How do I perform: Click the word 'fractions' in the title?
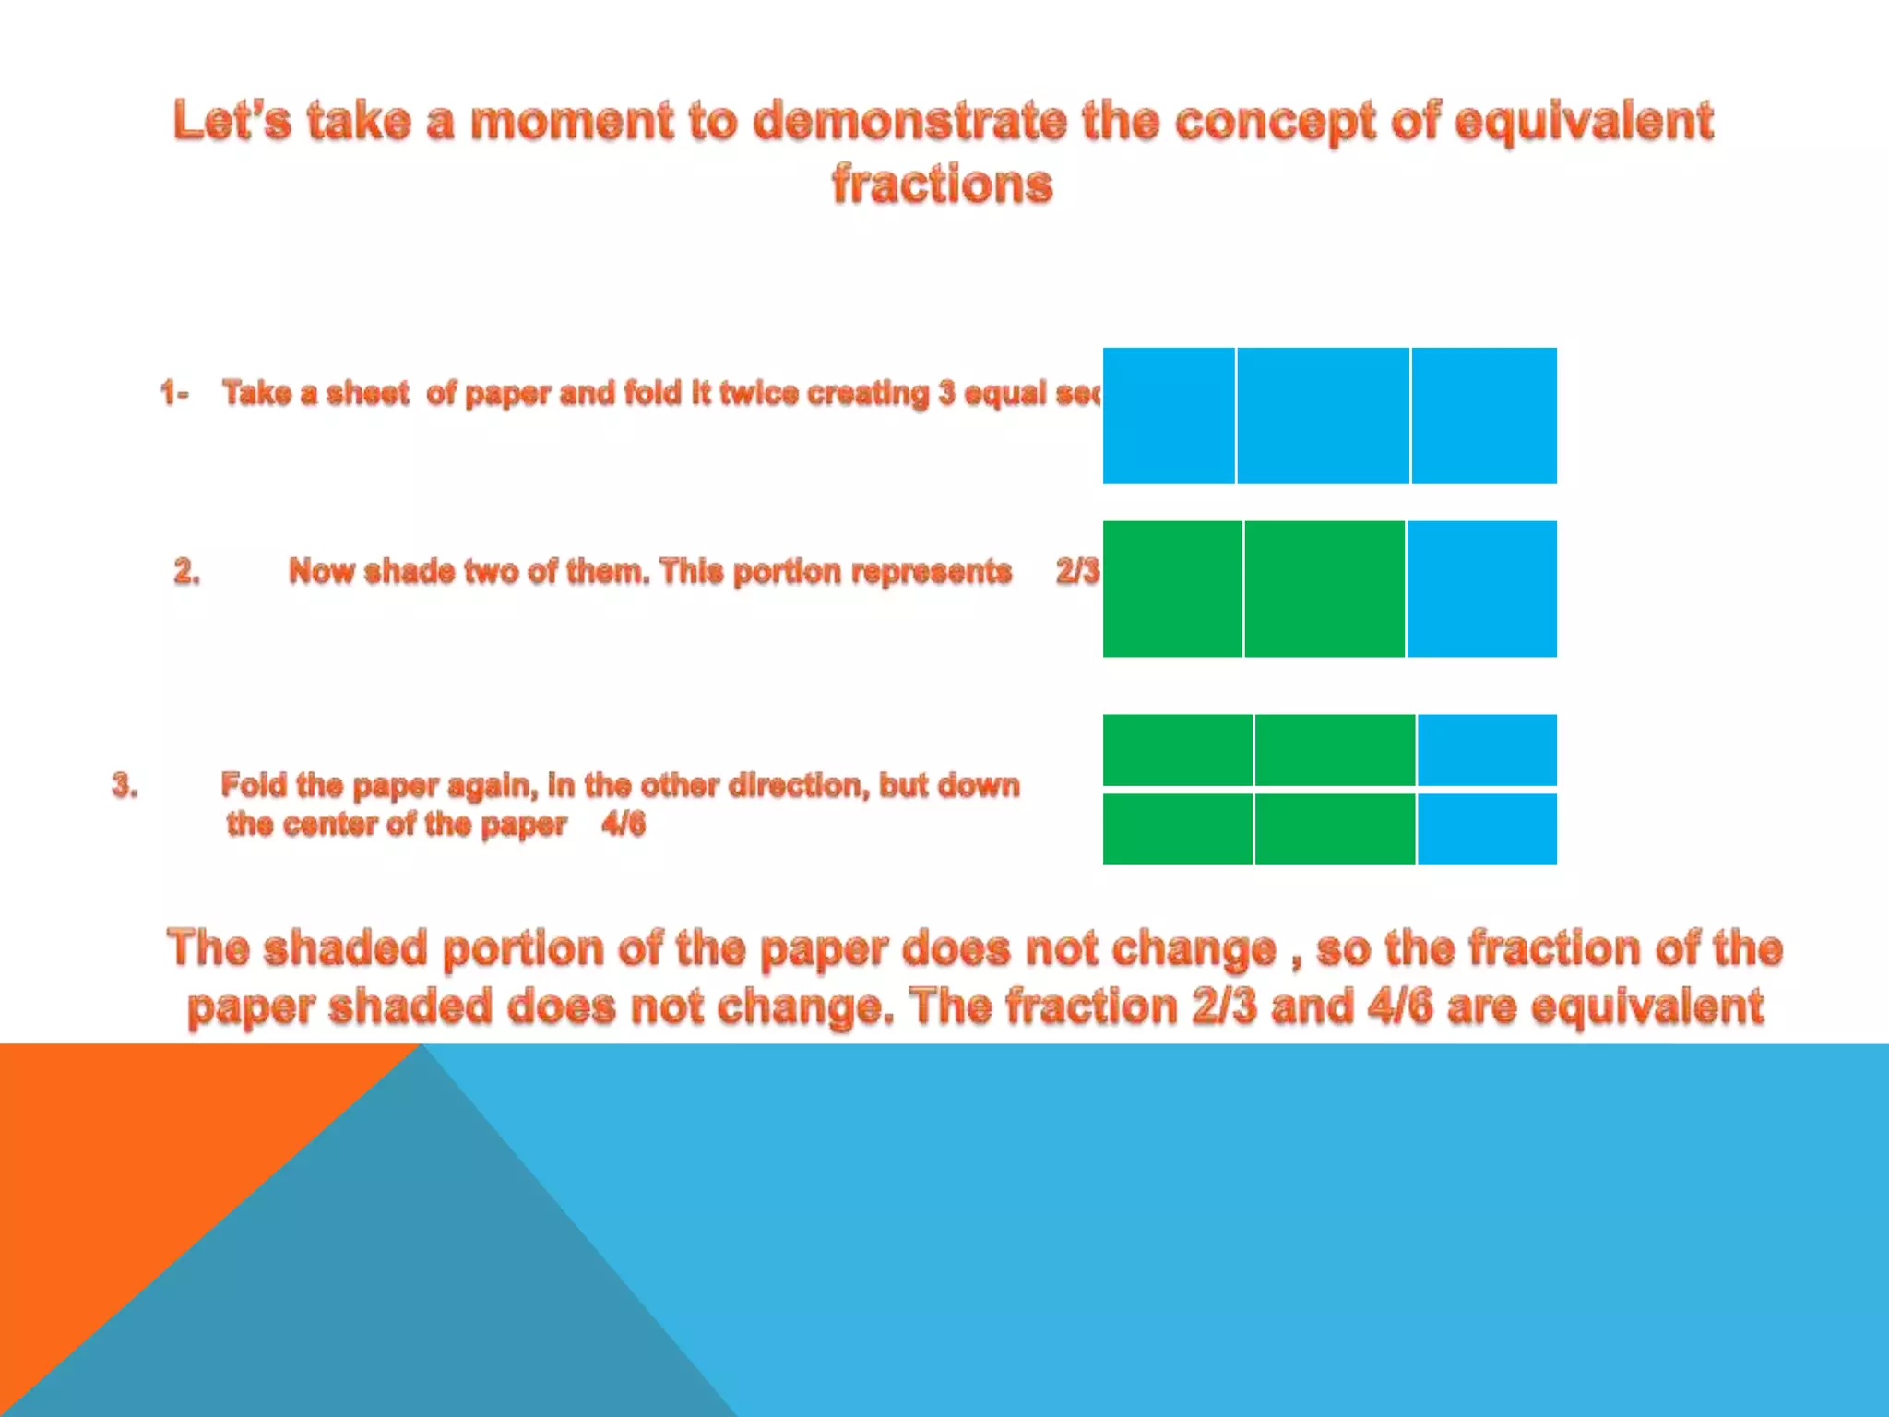tap(942, 184)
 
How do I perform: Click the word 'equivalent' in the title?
tap(1584, 121)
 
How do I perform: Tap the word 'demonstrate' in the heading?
tap(909, 121)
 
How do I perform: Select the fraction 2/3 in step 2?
tap(1077, 571)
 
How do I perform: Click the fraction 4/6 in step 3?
tap(624, 823)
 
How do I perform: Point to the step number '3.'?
tap(125, 785)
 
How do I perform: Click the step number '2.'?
tap(187, 571)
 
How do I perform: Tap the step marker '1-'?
tap(174, 393)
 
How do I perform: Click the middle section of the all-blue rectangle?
tap(1323, 415)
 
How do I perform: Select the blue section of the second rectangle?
tap(1481, 589)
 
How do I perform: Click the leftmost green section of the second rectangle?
tap(1172, 589)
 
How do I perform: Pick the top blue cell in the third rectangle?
tap(1487, 749)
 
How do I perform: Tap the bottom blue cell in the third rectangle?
tap(1487, 828)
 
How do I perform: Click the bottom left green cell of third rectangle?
tap(1178, 828)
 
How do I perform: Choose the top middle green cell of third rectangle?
tap(1335, 749)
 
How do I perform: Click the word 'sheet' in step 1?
tap(367, 393)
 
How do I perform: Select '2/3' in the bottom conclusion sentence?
tap(1223, 1006)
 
